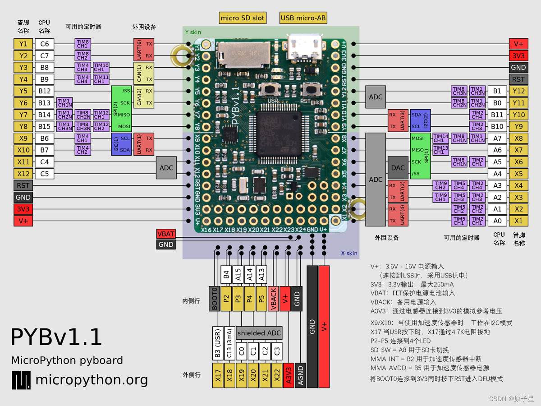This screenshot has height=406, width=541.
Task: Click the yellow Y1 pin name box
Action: pos(23,44)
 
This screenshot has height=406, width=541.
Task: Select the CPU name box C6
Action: pos(45,44)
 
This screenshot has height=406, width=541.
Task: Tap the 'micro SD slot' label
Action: pos(243,18)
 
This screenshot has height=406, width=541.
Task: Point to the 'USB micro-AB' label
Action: pos(303,18)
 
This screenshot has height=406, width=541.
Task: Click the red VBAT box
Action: pos(166,234)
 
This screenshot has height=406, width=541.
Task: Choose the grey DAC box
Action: pos(398,167)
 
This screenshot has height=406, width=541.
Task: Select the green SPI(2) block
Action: pos(116,109)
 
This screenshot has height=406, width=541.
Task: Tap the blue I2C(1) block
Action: pos(116,144)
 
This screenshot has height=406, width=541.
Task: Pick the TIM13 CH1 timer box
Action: pos(440,150)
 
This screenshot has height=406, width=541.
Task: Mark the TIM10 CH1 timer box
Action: pos(101,68)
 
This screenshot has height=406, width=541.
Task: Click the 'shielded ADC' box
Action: pos(259,333)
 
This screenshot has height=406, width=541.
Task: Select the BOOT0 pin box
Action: pos(215,298)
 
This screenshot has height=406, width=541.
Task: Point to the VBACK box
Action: pos(272,298)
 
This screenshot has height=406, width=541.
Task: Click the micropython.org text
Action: pos(91,380)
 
